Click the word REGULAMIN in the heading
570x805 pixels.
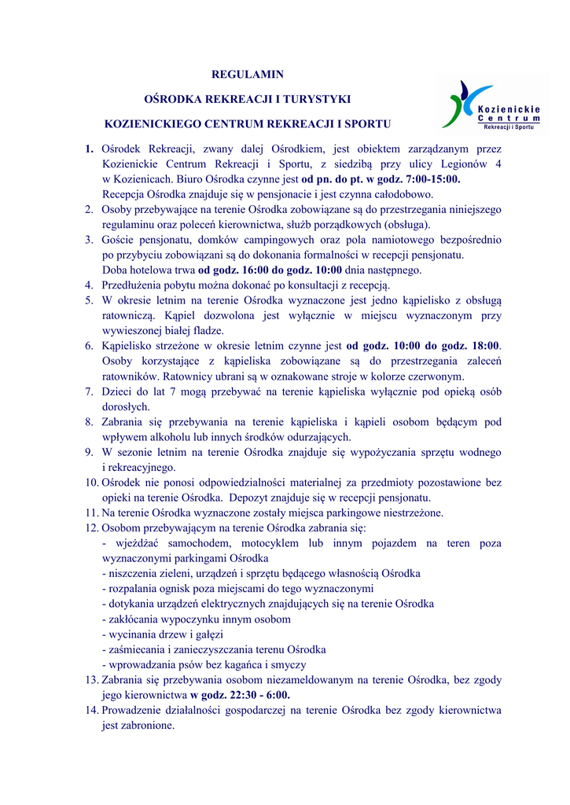point(248,75)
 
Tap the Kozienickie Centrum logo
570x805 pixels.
point(492,105)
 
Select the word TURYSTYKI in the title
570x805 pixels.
point(311,99)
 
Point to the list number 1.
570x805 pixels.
point(90,149)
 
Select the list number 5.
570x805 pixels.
point(90,300)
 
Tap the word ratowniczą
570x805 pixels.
point(127,315)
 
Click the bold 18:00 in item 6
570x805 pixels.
point(484,346)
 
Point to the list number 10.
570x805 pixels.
point(92,483)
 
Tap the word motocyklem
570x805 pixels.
point(264,543)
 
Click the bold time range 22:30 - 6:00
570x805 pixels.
point(252,695)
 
